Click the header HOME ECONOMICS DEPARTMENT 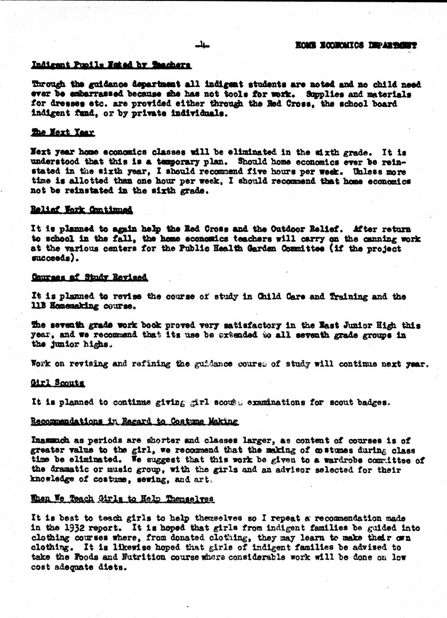(356, 45)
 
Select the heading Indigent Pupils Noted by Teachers (111, 65)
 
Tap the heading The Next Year (63, 133)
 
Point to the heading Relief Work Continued (82, 210)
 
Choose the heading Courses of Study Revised (89, 277)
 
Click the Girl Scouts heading (57, 383)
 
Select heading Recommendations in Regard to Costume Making (135, 422)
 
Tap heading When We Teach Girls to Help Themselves (122, 499)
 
